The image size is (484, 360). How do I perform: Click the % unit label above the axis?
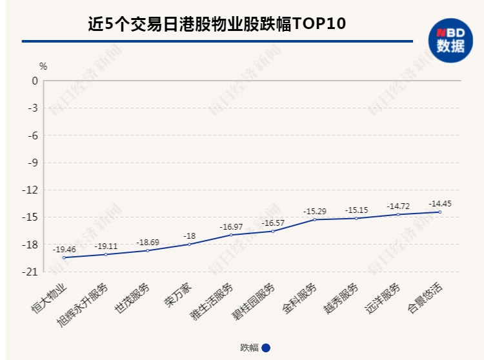43,66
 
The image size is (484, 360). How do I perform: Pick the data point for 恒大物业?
64,257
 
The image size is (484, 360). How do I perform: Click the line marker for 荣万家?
189,245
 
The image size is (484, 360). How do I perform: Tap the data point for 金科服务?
315,219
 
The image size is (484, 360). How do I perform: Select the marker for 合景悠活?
440,212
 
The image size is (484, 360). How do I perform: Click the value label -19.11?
106,246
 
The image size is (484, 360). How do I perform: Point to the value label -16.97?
231,226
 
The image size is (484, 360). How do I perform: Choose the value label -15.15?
356,210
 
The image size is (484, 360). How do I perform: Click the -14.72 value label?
398,206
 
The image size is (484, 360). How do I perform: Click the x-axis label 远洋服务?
383,299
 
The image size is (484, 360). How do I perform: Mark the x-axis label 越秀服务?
342,299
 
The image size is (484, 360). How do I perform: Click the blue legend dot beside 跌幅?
266,348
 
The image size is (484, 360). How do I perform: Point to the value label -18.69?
148,242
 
